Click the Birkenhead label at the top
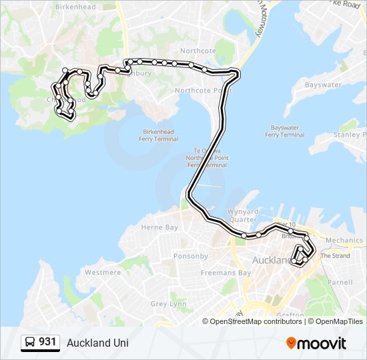pyautogui.click(x=75, y=7)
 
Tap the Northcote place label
pyautogui.click(x=198, y=51)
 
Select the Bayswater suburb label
pyautogui.click(x=323, y=85)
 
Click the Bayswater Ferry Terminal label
pyautogui.click(x=284, y=131)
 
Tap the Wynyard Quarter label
pyautogui.click(x=242, y=215)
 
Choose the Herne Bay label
pyautogui.click(x=159, y=227)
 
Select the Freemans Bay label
pyautogui.click(x=226, y=273)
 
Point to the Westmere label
pyautogui.click(x=103, y=273)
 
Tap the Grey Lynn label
pyautogui.click(x=168, y=304)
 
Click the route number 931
pyautogui.click(x=47, y=342)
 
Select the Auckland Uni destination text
pyautogui.click(x=97, y=343)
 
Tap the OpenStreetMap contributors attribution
pyautogui.click(x=256, y=321)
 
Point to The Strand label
pyautogui.click(x=335, y=256)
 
